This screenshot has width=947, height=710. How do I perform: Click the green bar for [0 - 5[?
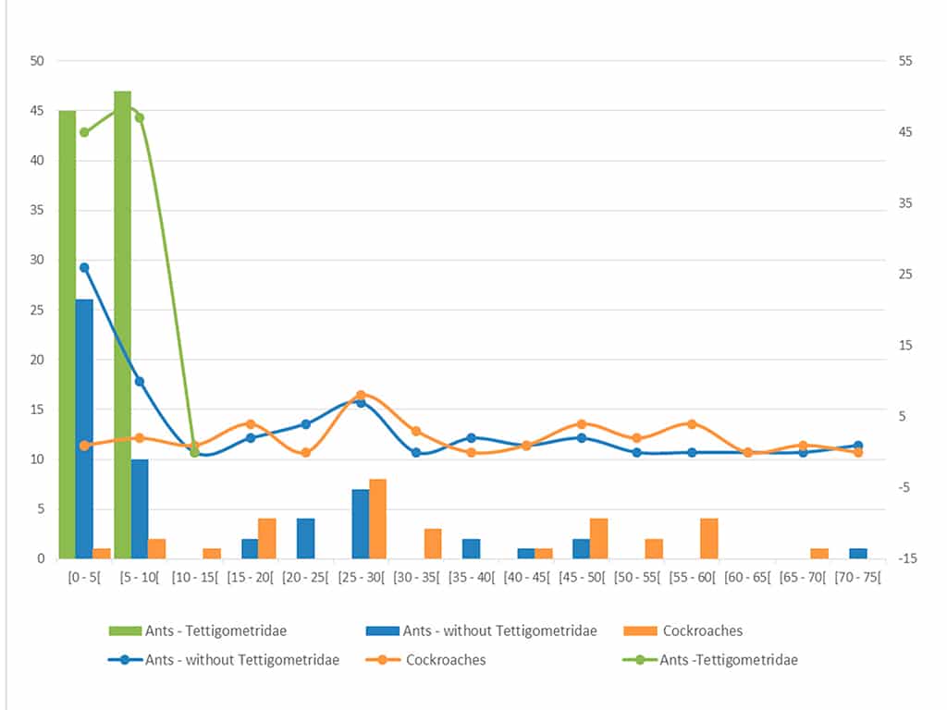[67, 333]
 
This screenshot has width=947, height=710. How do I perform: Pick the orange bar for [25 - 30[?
[377, 518]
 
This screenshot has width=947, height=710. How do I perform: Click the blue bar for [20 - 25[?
[305, 538]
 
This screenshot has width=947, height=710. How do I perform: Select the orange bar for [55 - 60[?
[709, 538]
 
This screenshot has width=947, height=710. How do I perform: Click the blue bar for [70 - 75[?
[857, 553]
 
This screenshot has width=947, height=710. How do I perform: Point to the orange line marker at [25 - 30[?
[361, 395]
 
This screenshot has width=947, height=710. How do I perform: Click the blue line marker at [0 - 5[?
[84, 267]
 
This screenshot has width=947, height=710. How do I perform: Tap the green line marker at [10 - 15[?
[194, 452]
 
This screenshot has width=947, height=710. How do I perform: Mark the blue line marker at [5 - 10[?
[140, 381]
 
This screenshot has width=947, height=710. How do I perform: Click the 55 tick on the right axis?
[904, 61]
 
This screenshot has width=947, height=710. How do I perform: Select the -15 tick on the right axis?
[904, 558]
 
